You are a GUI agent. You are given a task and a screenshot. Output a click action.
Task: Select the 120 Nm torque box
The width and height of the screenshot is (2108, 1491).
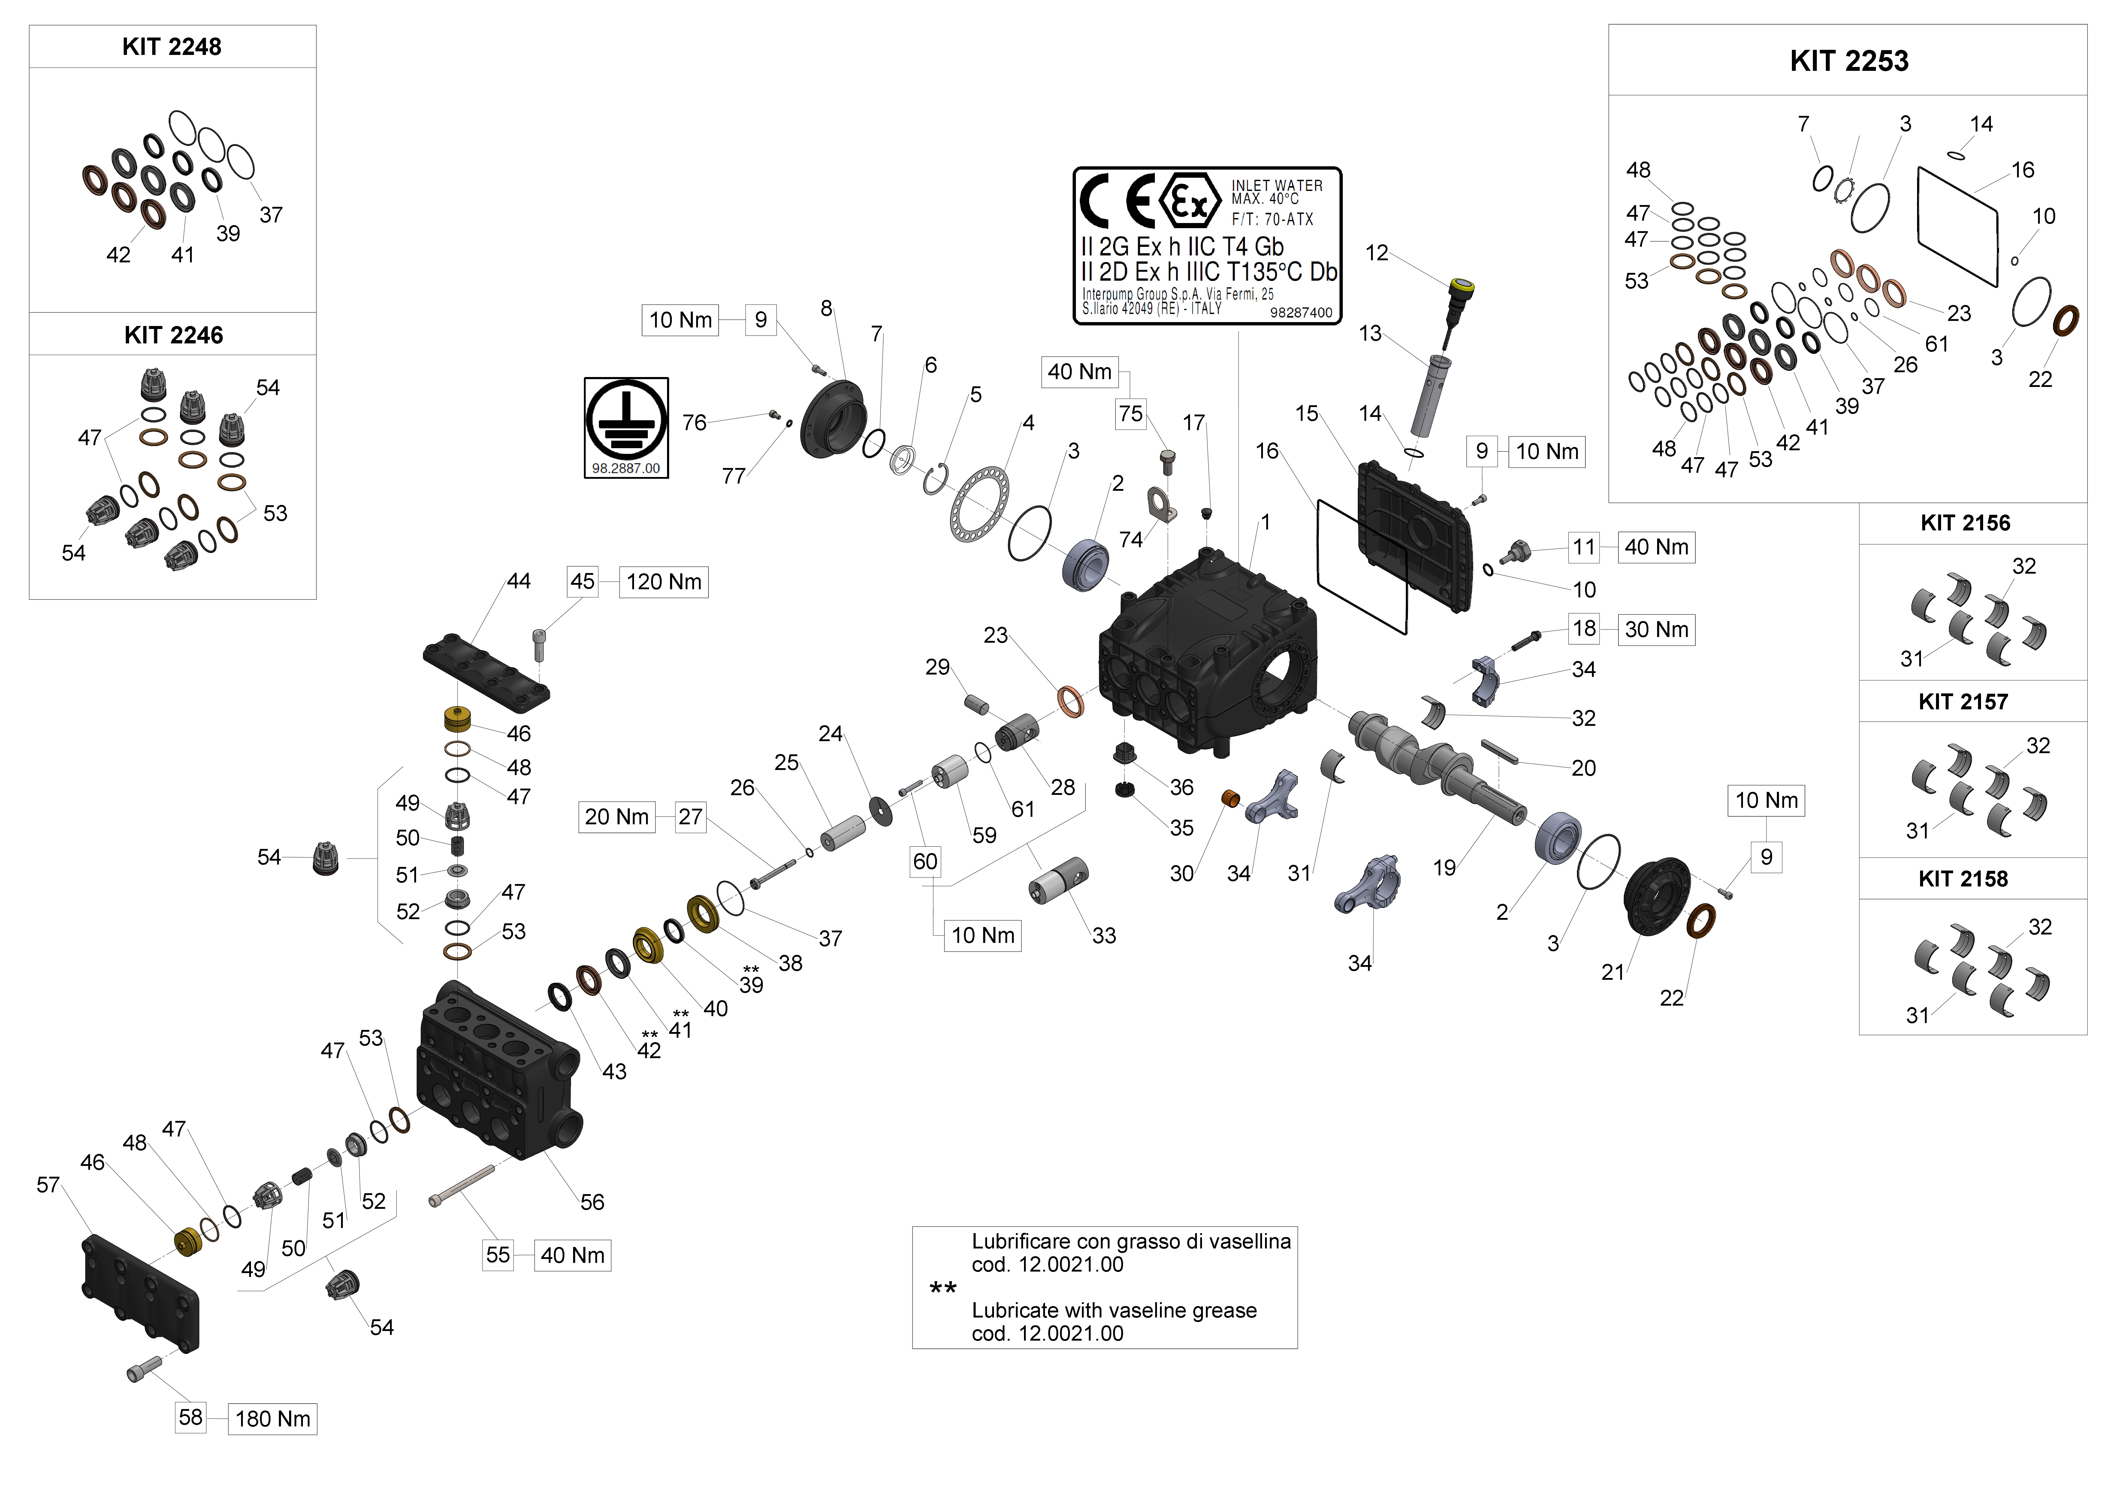664,582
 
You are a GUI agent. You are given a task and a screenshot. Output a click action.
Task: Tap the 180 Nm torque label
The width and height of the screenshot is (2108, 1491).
273,1418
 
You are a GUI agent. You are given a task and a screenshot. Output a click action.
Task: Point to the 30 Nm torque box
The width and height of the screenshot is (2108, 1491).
1656,630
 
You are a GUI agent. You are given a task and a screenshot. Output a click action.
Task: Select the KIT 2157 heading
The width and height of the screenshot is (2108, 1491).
1963,702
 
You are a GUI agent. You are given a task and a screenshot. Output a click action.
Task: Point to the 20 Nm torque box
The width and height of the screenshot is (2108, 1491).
616,817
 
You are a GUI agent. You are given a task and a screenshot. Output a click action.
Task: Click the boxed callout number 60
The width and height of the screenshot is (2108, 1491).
925,861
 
